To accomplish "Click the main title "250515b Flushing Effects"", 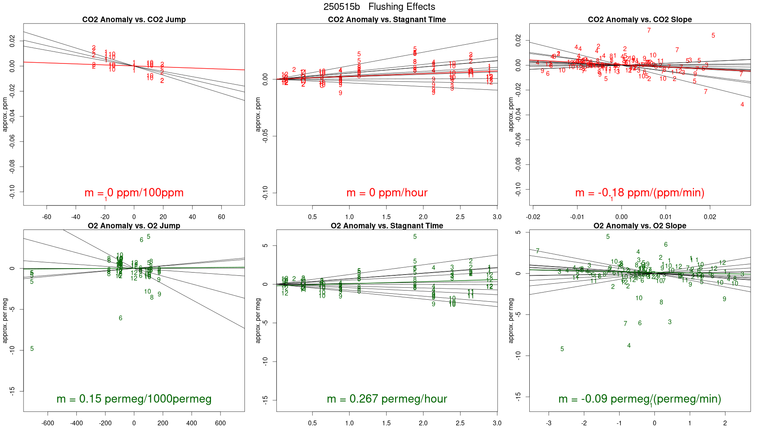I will pyautogui.click(x=379, y=7).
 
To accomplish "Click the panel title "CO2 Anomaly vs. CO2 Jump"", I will pyautogui.click(x=134, y=20).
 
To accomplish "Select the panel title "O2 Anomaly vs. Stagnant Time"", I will pyautogui.click(x=387, y=226).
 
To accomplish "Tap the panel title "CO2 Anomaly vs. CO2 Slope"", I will pyautogui.click(x=640, y=20).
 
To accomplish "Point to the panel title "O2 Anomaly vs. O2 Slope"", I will pyautogui.click(x=640, y=226).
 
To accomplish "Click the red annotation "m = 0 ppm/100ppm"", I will pyautogui.click(x=134, y=193).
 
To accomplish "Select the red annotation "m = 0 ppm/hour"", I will pyautogui.click(x=387, y=193).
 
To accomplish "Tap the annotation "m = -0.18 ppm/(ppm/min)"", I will pyautogui.click(x=640, y=193).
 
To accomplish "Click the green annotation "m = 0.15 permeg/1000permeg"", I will pyautogui.click(x=134, y=399).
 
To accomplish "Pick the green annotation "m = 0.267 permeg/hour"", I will pyautogui.click(x=387, y=399).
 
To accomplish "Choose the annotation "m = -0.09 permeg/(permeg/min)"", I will pyautogui.click(x=640, y=399).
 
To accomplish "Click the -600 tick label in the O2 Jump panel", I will pyautogui.click(x=48, y=423).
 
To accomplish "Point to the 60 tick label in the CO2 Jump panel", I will pyautogui.click(x=221, y=217).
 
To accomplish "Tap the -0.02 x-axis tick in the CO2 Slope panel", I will pyautogui.click(x=533, y=217).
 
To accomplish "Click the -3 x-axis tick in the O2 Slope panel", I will pyautogui.click(x=548, y=423).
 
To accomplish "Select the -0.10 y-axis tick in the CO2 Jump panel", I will pyautogui.click(x=12, y=192).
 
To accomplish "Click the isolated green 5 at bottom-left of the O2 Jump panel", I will pyautogui.click(x=32, y=349).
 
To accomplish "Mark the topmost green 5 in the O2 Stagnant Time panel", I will pyautogui.click(x=415, y=237).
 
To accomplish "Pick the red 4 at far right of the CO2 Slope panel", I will pyautogui.click(x=742, y=105).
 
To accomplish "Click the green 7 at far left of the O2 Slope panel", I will pyautogui.click(x=538, y=251).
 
